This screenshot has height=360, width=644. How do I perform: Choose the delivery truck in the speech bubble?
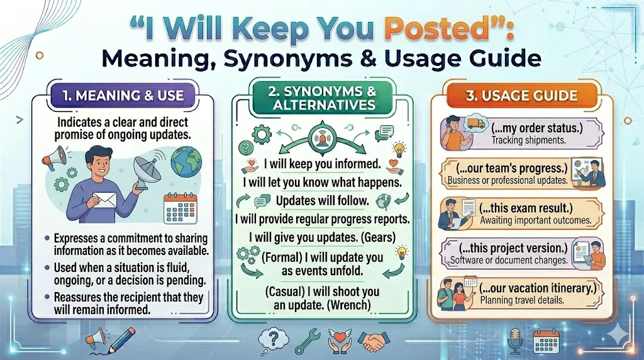[x=476, y=124]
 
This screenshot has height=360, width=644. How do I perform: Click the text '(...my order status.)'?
[x=535, y=129]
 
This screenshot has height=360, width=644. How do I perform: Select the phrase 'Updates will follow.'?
[x=323, y=201]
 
